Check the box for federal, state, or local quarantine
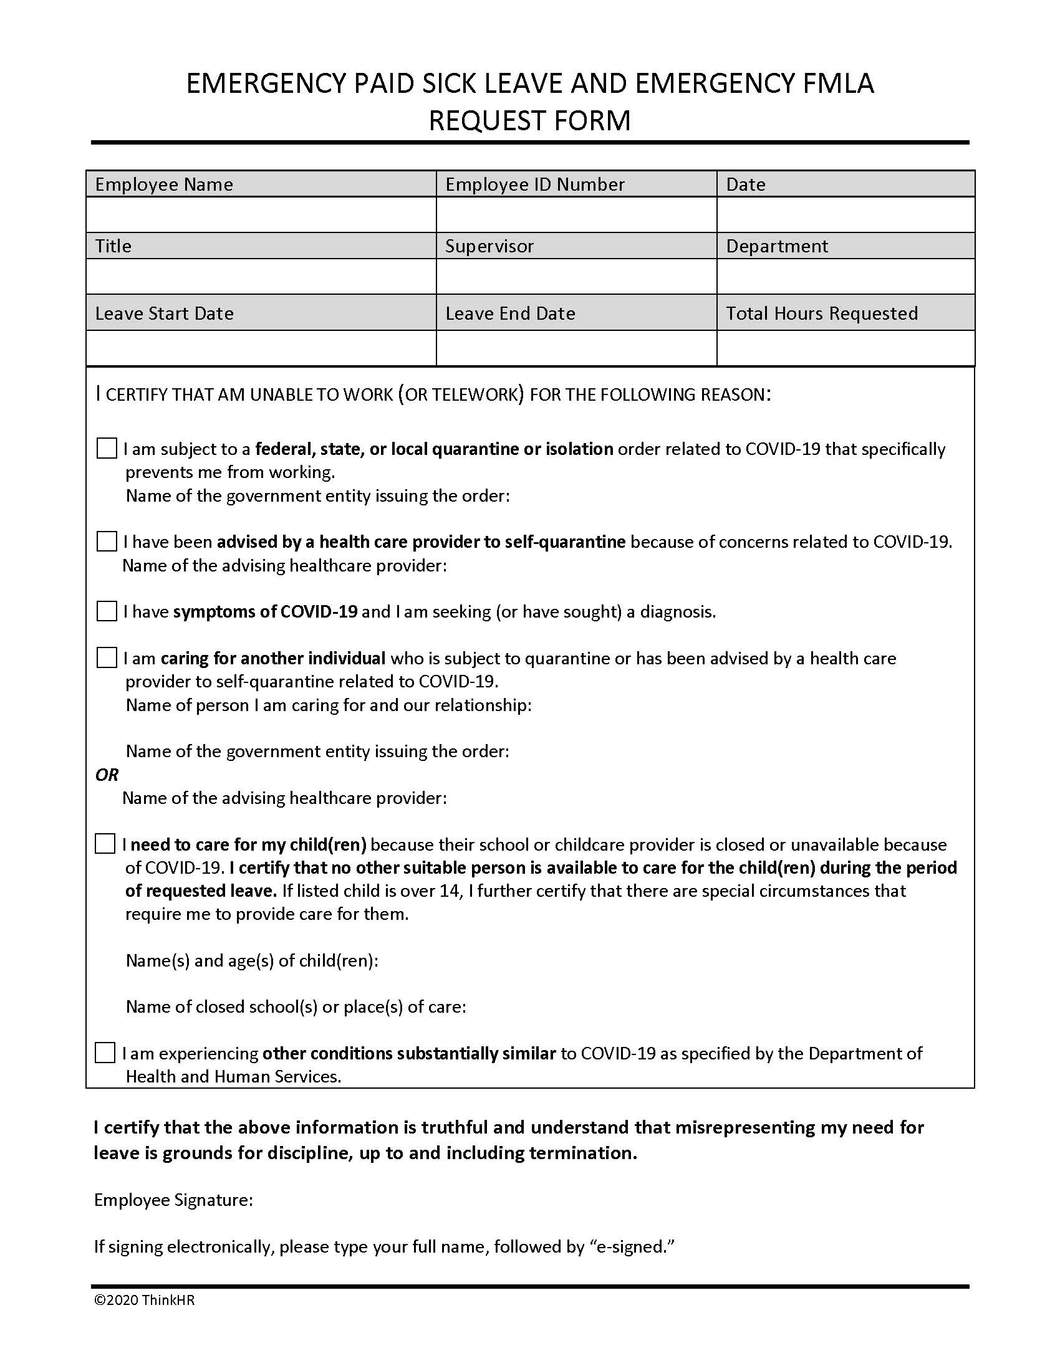[x=107, y=449]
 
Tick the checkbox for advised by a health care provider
[x=107, y=541]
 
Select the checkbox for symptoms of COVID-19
[x=107, y=611]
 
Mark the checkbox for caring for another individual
[x=107, y=658]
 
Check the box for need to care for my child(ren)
[x=105, y=844]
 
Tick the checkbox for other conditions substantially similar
[x=105, y=1053]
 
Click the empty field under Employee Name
[x=261, y=215]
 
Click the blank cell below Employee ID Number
[x=576, y=215]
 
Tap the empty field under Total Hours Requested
[x=846, y=348]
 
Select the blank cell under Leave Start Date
[x=261, y=348]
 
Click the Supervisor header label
[x=489, y=246]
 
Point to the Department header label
[x=777, y=246]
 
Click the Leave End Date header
[x=510, y=313]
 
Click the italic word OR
[x=107, y=775]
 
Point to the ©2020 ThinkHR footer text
[x=145, y=1300]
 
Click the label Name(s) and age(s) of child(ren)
[x=252, y=960]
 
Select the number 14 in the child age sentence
[x=449, y=891]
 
